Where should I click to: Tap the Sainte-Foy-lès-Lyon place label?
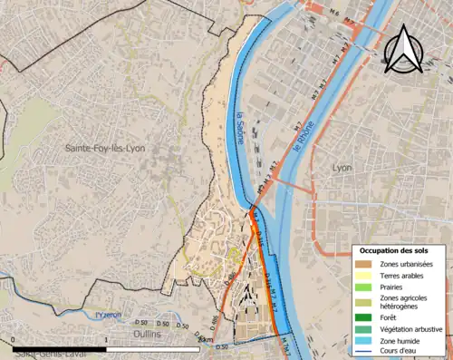105,148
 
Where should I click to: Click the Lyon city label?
342,168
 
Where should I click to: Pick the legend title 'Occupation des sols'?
400,249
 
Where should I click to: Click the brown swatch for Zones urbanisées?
366,264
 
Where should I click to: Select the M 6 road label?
333,11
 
